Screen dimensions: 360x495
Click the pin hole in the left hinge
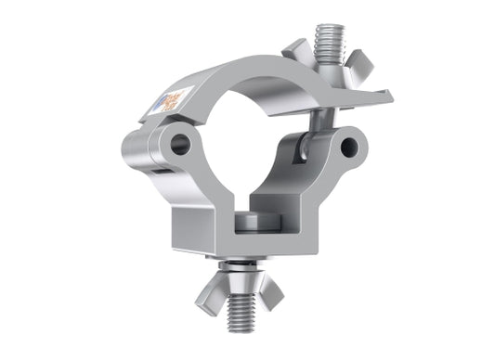pyautogui.click(x=181, y=144)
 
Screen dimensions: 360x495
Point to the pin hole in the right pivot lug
pyautogui.click(x=349, y=147)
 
